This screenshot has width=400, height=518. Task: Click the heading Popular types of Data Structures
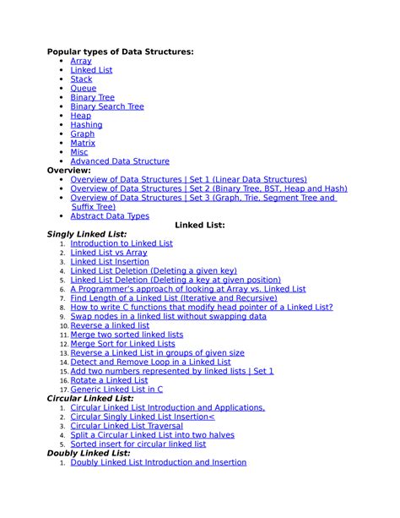point(120,52)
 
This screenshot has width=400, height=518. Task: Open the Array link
point(81,61)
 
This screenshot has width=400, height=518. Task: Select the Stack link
point(81,79)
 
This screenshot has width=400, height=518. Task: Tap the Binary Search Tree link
point(107,106)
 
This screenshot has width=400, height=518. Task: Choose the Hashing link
point(86,124)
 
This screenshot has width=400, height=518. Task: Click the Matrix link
point(83,143)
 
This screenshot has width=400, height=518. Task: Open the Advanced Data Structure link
point(120,161)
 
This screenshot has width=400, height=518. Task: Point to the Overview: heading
point(68,170)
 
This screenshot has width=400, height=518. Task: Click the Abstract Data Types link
point(110,215)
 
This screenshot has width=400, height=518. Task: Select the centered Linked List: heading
point(199,225)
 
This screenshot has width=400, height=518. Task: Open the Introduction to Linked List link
point(122,243)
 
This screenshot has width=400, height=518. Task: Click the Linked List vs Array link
point(109,252)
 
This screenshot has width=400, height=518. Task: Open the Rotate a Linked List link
point(109,380)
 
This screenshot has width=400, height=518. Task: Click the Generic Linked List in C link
point(116,389)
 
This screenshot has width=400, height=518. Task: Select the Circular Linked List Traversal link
point(127,426)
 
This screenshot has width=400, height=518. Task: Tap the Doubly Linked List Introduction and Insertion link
point(159,462)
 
